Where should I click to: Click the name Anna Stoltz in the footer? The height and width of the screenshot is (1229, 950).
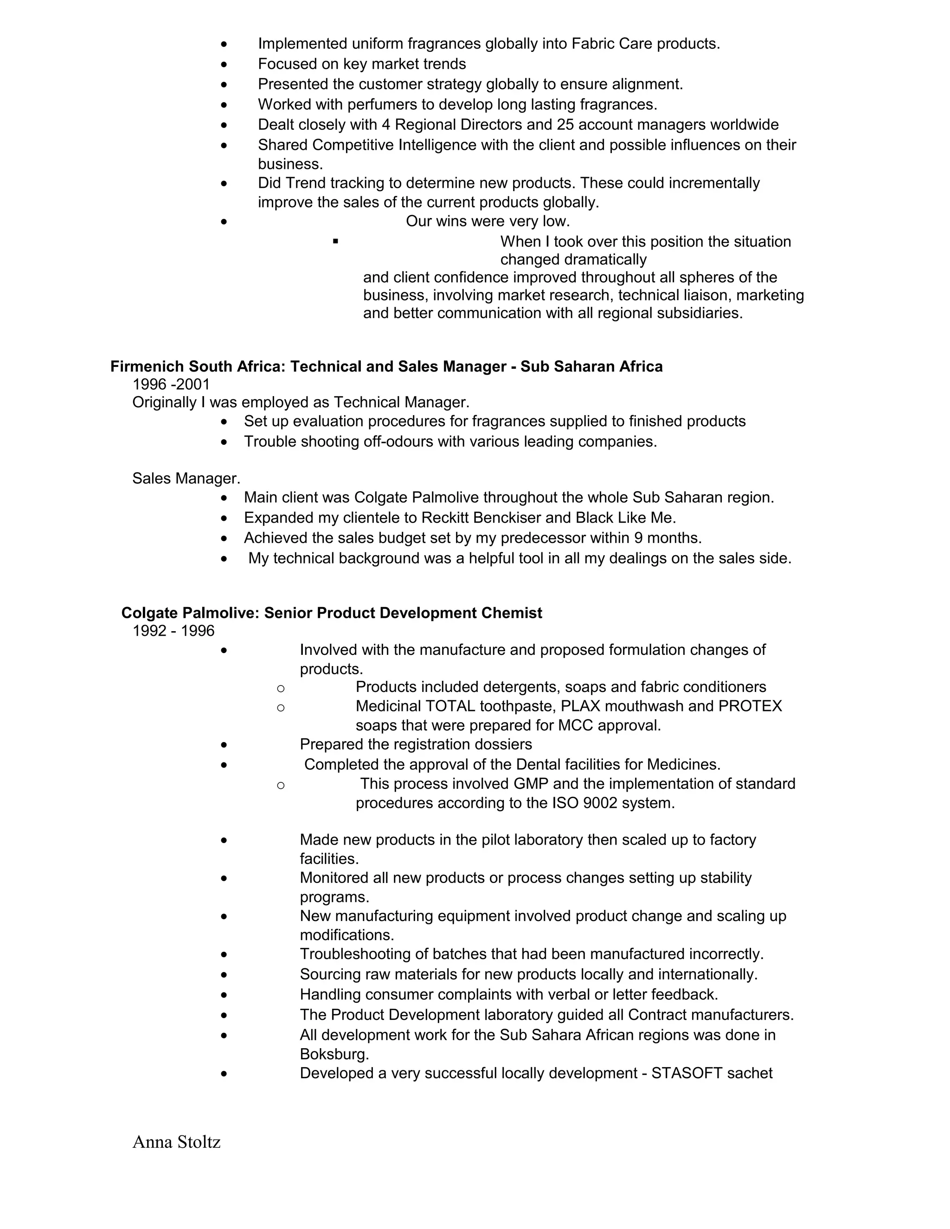176,1142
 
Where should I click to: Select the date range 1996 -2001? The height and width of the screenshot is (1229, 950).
171,384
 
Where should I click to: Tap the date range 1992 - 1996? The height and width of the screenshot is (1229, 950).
173,630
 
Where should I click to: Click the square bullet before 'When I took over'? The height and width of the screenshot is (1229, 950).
335,242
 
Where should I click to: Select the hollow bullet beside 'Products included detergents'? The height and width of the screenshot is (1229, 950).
281,688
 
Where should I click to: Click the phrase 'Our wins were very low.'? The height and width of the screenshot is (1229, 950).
488,221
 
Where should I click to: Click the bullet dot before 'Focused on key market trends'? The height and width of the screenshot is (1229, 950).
224,64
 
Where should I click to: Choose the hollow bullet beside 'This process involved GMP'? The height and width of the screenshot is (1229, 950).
281,785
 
